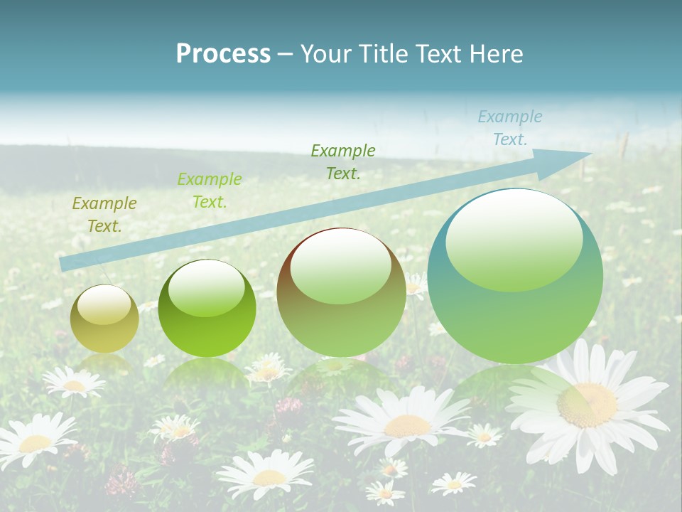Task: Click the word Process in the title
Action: [223, 53]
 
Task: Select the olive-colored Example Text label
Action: [104, 215]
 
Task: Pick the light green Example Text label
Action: [209, 191]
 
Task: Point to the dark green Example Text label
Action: [342, 162]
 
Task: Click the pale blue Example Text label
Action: [509, 128]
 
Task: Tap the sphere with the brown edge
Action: [341, 292]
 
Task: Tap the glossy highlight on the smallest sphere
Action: [104, 304]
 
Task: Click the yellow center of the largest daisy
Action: [587, 404]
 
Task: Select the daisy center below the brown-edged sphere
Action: [407, 425]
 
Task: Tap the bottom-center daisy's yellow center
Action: [269, 477]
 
